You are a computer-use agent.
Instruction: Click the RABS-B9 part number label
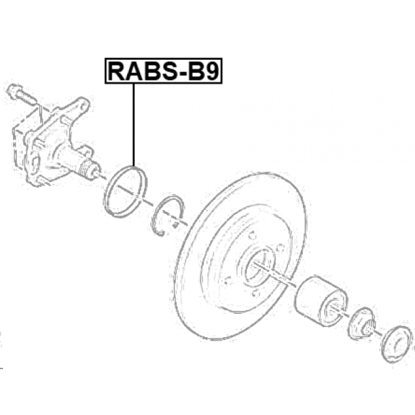click(x=163, y=71)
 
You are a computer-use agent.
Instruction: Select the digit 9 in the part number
click(x=212, y=71)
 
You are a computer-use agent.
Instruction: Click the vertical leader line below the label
click(x=134, y=125)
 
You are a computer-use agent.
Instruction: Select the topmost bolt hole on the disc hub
click(x=252, y=235)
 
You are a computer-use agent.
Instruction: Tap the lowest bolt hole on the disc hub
click(x=255, y=293)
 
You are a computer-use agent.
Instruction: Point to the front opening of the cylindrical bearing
click(x=332, y=309)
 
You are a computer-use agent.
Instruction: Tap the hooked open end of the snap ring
click(x=160, y=233)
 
